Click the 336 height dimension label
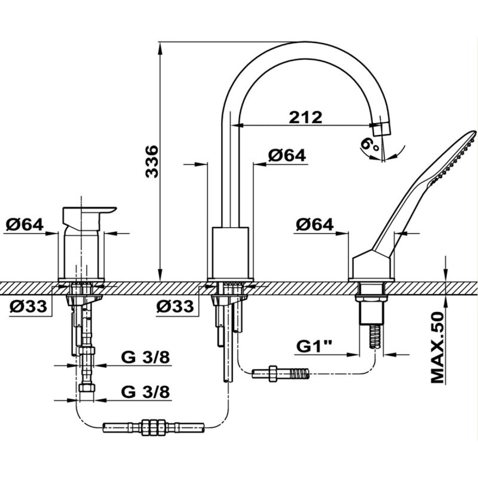[x=152, y=161]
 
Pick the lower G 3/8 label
[x=146, y=392]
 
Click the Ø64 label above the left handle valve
[x=25, y=225]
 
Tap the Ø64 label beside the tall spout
[x=287, y=155]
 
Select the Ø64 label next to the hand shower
[x=315, y=225]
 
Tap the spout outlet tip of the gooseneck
[x=382, y=129]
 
